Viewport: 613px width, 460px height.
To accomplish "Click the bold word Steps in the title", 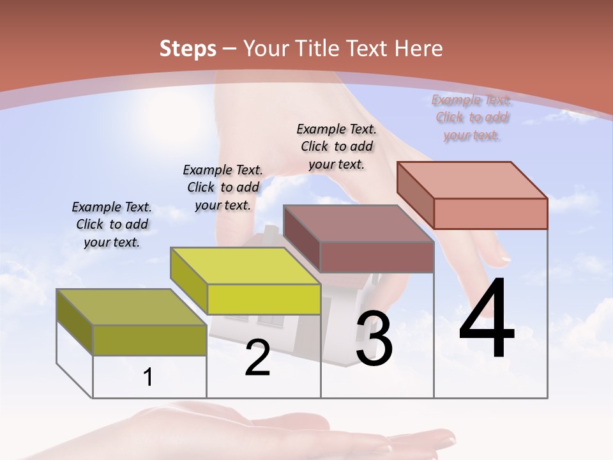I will (188, 49).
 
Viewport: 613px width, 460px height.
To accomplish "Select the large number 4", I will (487, 319).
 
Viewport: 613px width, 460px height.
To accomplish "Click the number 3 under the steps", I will (374, 339).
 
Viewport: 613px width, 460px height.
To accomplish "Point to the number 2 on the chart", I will (257, 358).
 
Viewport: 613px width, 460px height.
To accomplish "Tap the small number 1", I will (148, 378).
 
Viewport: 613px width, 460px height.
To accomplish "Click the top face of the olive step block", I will (131, 307).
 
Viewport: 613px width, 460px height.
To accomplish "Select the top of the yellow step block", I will (245, 266).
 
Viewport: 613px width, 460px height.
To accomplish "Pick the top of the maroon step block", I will (358, 224).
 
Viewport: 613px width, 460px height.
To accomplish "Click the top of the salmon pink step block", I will (472, 180).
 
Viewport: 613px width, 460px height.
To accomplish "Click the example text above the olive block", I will (112, 224).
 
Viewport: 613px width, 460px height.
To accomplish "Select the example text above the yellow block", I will (223, 187).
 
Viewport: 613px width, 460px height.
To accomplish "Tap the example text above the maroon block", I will (337, 146).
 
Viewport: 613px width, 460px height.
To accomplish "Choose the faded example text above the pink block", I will (471, 118).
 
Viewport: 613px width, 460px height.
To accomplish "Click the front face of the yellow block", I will (264, 299).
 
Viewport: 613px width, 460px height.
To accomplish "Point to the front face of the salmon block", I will (490, 213).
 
